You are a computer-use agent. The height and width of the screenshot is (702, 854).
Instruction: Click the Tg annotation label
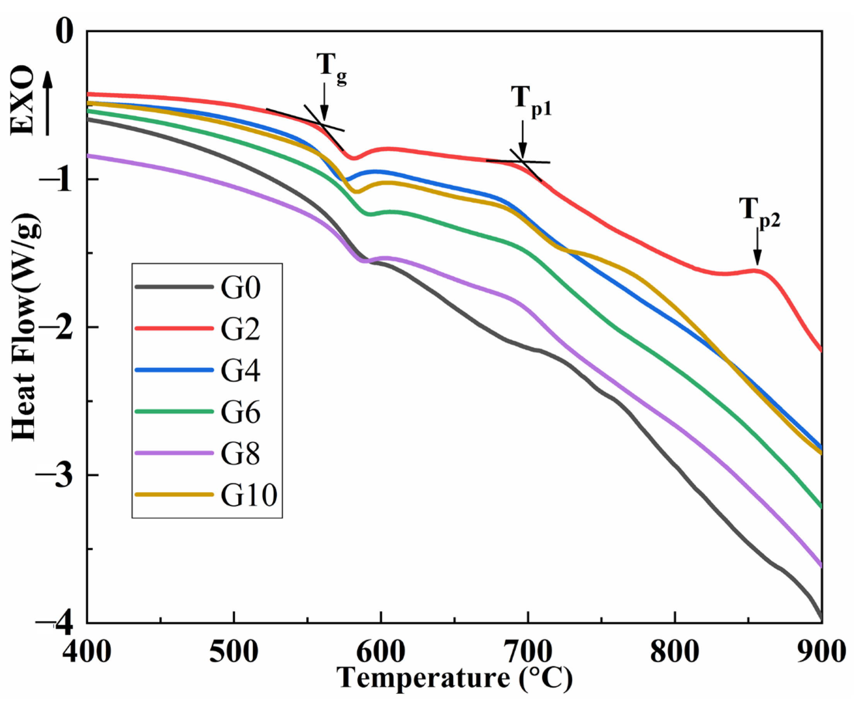click(331, 67)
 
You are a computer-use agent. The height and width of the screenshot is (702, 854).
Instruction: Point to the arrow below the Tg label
click(324, 101)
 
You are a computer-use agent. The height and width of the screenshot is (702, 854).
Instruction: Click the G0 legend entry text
click(240, 287)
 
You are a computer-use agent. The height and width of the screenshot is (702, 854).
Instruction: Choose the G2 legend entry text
click(240, 329)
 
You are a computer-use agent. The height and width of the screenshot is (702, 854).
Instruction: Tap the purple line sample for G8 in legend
click(174, 453)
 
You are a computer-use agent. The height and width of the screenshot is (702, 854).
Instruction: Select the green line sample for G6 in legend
click(174, 411)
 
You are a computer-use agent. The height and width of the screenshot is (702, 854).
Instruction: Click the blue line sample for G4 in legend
click(174, 370)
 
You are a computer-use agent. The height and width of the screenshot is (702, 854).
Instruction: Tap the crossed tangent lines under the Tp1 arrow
click(524, 162)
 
